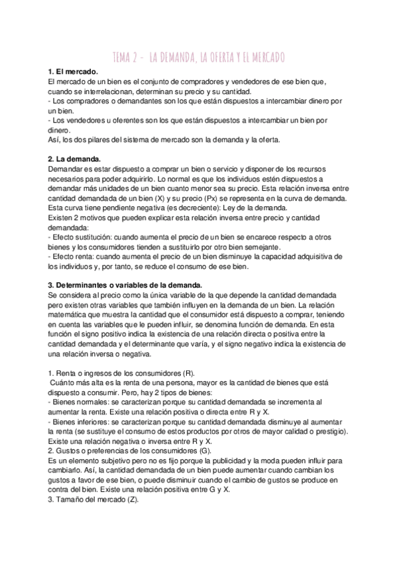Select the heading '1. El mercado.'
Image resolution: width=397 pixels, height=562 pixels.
(x=73, y=72)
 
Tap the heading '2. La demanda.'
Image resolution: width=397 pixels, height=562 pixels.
(x=74, y=159)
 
